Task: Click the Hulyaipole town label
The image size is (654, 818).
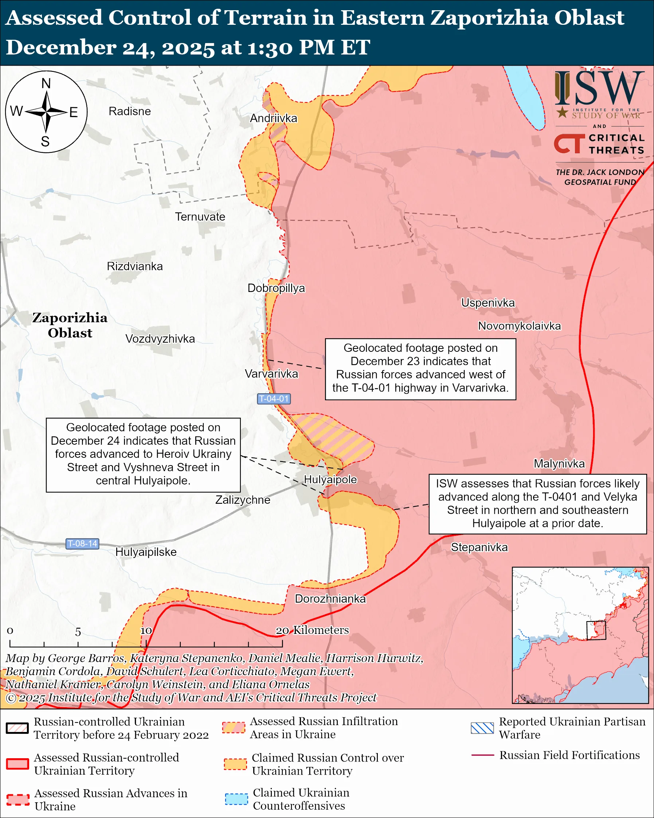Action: coord(330,480)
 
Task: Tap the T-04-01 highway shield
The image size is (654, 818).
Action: coord(274,399)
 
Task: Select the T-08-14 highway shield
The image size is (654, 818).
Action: coord(82,544)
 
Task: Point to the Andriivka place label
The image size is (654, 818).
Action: coord(273,118)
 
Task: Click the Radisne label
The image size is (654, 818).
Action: coord(130,111)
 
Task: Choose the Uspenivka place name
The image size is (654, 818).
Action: coord(488,303)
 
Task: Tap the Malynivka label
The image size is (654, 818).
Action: coord(559,464)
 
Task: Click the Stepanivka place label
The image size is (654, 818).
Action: coord(479,547)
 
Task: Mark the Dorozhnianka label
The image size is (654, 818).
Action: coord(330,599)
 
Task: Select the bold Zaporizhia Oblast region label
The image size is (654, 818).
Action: coord(70,325)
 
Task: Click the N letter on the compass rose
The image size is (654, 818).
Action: coord(46,83)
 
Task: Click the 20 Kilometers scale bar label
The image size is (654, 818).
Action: coord(312,630)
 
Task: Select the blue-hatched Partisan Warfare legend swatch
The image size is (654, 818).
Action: coord(482,728)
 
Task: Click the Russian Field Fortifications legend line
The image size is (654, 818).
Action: coord(482,755)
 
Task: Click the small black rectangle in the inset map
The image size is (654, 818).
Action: coord(596,630)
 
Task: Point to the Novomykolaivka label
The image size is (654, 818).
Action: coord(519,326)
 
